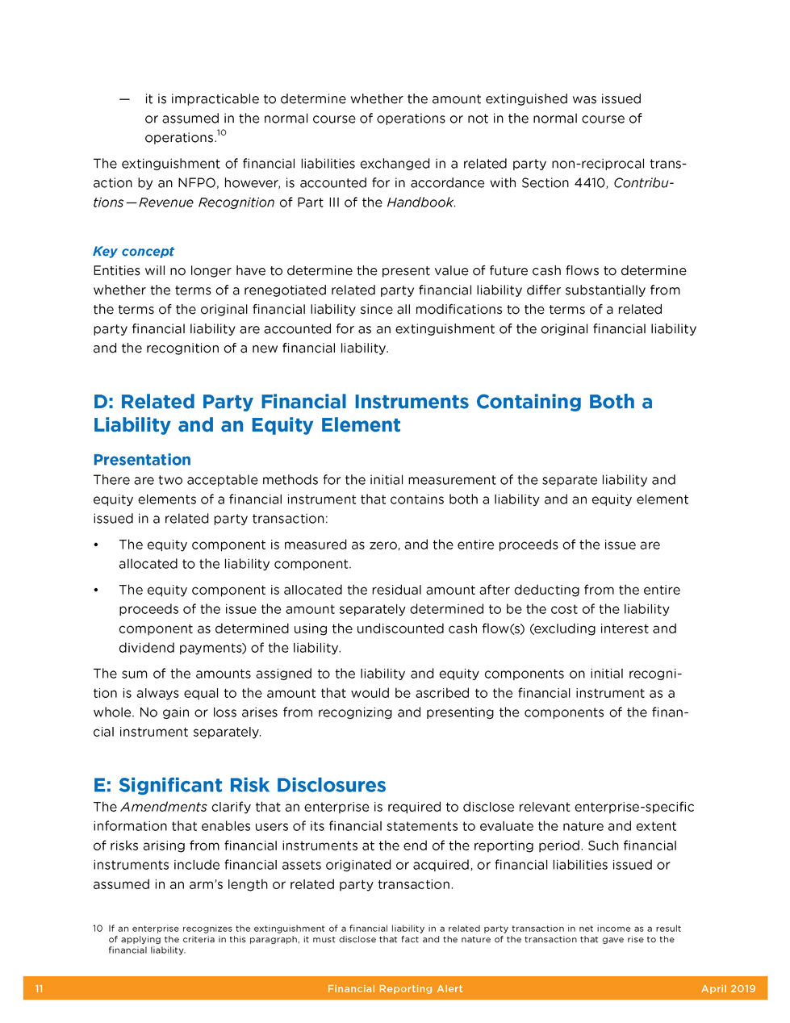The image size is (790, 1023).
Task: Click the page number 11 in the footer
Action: (x=39, y=988)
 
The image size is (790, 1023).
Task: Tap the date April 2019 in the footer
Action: (x=728, y=988)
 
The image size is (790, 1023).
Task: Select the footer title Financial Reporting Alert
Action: (x=395, y=988)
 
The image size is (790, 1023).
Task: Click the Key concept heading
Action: (x=133, y=251)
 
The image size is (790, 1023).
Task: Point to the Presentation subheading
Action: (x=142, y=460)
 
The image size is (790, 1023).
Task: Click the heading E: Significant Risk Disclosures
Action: (x=240, y=785)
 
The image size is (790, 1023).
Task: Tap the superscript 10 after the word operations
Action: (x=221, y=133)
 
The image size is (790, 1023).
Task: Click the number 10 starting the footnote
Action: (x=98, y=929)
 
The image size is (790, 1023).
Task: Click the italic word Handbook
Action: (x=420, y=203)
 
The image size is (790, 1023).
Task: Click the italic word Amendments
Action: (x=164, y=807)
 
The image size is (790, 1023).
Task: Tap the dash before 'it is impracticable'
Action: (x=124, y=99)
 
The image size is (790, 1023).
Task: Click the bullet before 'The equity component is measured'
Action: (x=97, y=545)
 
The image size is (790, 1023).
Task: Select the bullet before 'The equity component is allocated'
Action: (x=97, y=591)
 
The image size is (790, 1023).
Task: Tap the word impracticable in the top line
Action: (x=215, y=99)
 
